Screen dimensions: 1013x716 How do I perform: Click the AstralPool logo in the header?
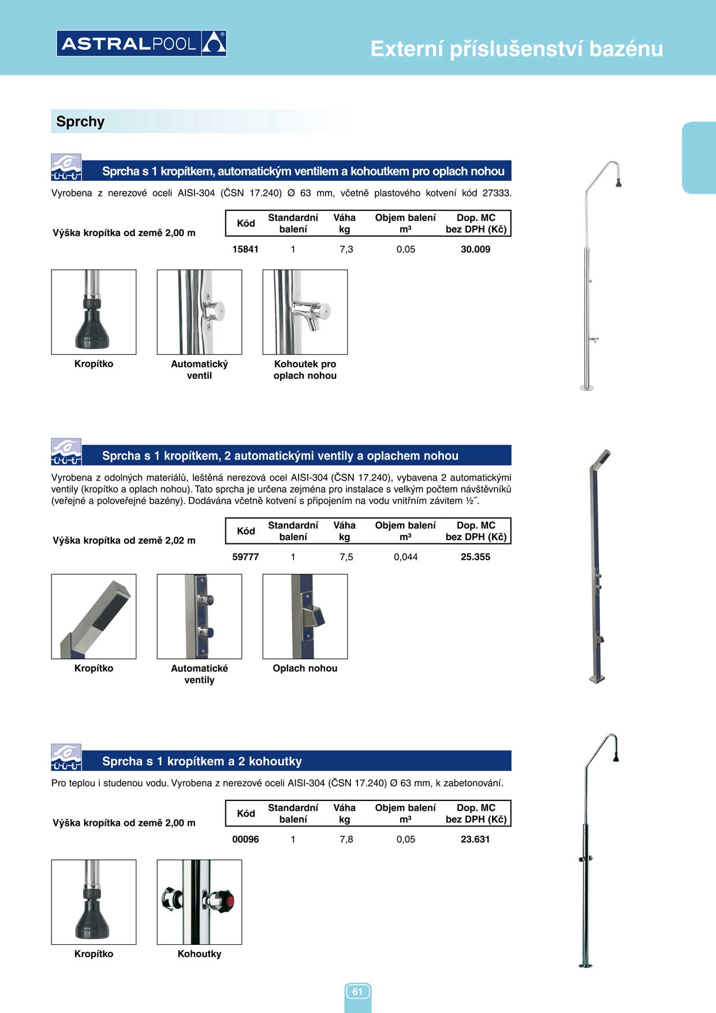point(141,43)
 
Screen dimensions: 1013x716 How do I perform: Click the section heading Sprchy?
point(80,122)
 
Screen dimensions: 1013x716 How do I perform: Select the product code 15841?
point(245,249)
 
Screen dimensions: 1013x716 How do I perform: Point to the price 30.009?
point(475,249)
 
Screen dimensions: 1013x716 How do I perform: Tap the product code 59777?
point(245,557)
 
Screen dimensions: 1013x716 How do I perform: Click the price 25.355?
point(475,557)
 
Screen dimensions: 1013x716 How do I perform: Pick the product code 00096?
point(245,840)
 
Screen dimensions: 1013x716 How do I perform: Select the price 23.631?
point(475,840)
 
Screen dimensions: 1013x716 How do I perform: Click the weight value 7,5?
point(346,557)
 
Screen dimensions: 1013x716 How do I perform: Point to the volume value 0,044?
point(405,557)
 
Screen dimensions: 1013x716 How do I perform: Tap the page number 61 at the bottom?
point(357,992)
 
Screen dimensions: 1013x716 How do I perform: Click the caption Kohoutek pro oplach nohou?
point(305,370)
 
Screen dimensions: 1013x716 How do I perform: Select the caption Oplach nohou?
point(305,668)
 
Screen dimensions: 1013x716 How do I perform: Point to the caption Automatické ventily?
point(199,674)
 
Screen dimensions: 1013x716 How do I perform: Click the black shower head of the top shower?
point(618,183)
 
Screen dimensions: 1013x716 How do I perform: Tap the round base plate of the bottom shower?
point(586,965)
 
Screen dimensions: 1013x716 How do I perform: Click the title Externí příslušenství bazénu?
point(516,49)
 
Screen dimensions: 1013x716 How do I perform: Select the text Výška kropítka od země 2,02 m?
point(124,541)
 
